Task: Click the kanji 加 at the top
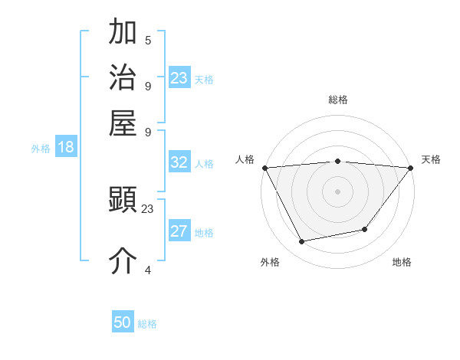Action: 123,32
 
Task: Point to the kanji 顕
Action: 123,201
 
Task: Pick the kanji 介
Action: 123,260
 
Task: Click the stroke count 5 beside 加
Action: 148,41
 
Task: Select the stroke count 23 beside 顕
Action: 147,208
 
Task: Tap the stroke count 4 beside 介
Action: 148,270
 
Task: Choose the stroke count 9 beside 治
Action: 148,86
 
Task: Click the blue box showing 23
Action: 179,77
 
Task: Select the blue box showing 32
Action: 179,162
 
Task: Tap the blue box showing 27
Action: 179,231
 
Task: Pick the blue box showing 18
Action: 66,148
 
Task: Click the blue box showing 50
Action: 123,322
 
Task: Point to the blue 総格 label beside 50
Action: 147,324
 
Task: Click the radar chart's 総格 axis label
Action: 337,100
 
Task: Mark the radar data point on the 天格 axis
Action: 410,167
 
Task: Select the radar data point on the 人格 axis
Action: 264,167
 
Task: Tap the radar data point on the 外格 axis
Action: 301,242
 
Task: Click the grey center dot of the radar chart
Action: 337,191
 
